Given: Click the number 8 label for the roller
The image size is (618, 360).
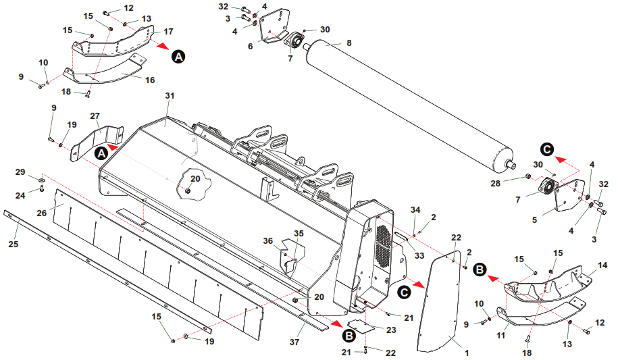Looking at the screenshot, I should coord(349,43).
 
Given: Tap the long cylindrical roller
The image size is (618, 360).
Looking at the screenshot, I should coord(405,101).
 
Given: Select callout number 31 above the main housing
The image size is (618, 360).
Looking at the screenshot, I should coord(169,95).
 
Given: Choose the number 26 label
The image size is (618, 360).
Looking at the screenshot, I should coord(41,213).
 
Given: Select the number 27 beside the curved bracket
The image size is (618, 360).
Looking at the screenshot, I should coord(95,115).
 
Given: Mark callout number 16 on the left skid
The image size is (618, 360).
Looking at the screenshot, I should coord(150,80).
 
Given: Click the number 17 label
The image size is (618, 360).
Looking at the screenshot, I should coord(168,31).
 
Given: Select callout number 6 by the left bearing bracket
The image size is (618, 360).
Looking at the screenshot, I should coord(250,46).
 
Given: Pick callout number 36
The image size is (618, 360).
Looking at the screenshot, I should coord(268,240).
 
